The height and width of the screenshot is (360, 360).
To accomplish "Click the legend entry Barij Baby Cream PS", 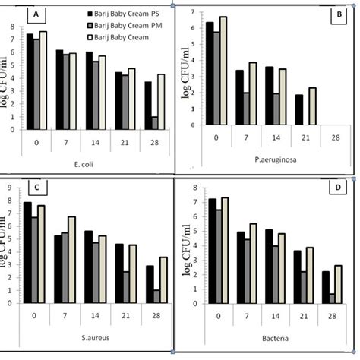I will tap(128, 14).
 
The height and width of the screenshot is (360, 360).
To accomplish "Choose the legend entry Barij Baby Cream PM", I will tap(128, 24).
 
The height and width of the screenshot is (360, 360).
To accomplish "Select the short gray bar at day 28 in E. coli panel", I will tap(155, 123).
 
